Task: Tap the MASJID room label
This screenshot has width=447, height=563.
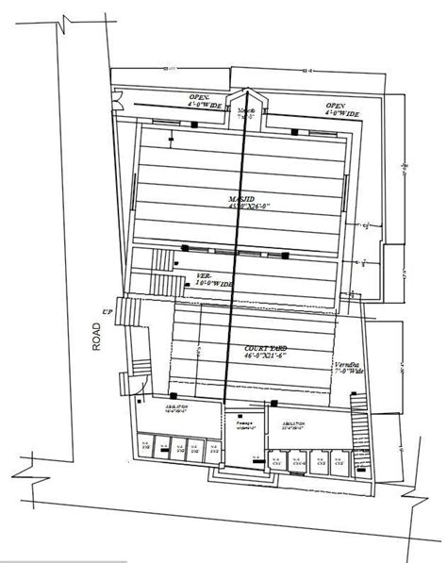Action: tap(240, 198)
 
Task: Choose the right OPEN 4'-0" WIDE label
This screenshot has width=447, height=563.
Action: tap(340, 108)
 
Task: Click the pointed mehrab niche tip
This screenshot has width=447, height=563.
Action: tap(249, 92)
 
